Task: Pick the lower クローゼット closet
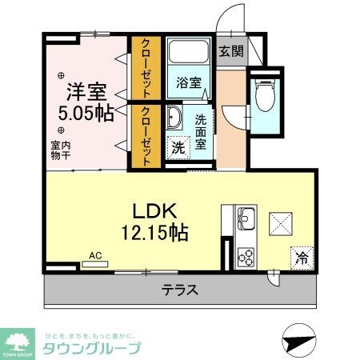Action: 147,137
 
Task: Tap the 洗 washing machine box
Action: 178,148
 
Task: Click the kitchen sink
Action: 246,216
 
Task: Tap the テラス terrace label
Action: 180,290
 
